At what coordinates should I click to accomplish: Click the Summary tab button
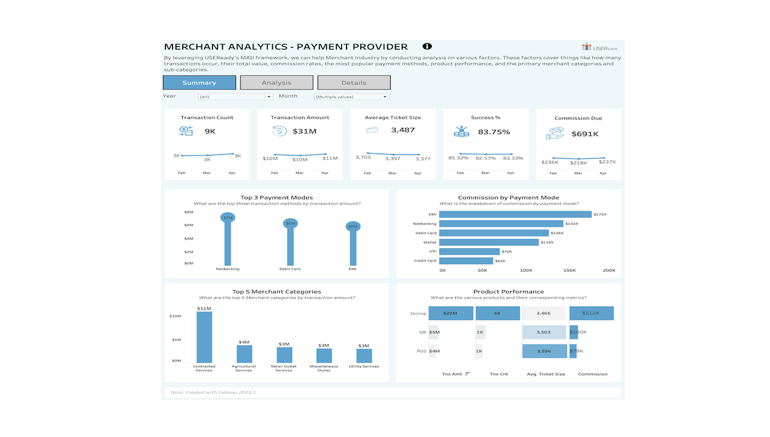(199, 83)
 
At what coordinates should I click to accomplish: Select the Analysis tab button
(277, 83)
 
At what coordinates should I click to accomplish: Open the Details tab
(354, 83)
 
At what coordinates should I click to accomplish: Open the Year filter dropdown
(235, 97)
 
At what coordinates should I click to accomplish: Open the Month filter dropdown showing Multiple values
(351, 97)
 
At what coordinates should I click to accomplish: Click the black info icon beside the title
(427, 46)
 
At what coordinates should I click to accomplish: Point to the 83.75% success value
(493, 132)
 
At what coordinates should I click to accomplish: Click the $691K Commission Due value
(585, 134)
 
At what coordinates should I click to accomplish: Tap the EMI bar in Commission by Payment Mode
(515, 215)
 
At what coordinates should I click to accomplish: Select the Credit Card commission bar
(466, 261)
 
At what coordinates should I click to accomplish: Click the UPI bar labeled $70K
(469, 251)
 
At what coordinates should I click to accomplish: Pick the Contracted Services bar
(204, 337)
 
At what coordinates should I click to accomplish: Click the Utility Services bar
(364, 356)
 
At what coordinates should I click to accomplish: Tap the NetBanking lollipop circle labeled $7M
(228, 218)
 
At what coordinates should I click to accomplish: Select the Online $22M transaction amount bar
(450, 313)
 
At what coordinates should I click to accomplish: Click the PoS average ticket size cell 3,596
(545, 351)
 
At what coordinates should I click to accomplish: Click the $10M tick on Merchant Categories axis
(175, 316)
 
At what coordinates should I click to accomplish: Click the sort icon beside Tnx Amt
(468, 373)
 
